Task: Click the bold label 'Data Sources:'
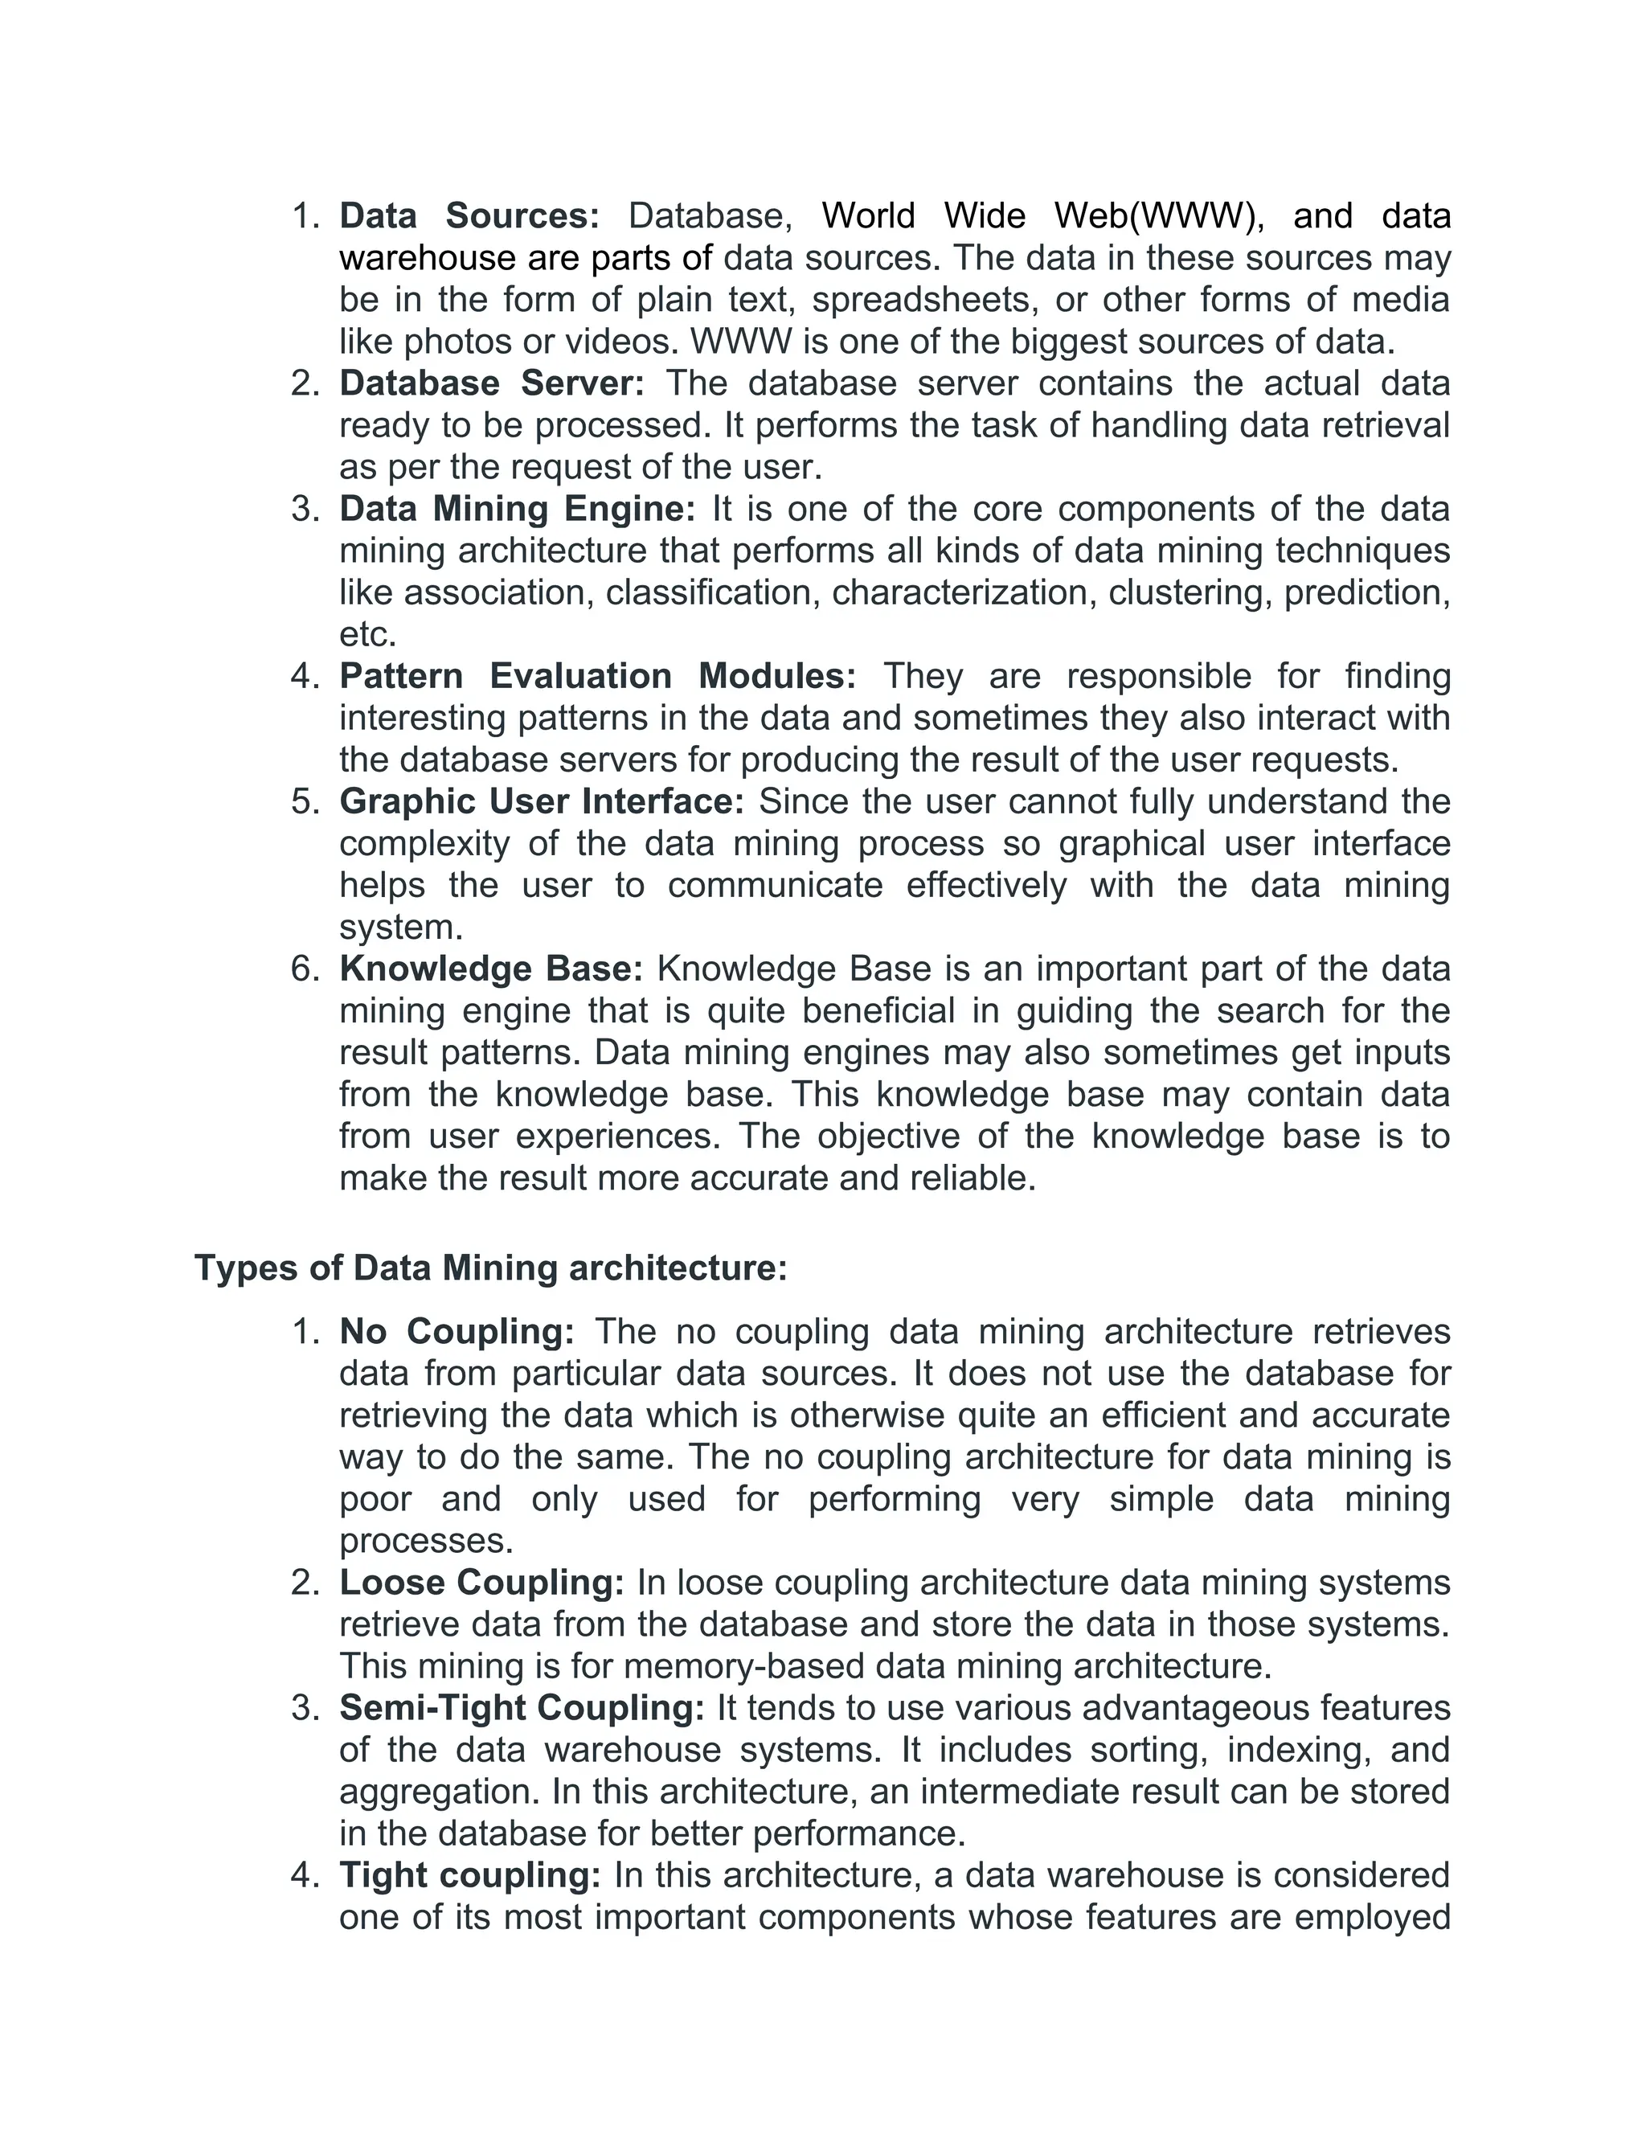point(469,215)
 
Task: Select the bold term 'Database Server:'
point(491,383)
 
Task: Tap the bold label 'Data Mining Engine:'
point(517,509)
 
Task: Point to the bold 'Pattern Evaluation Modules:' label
point(597,676)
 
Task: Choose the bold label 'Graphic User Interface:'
point(541,801)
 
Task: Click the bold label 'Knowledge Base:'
point(490,969)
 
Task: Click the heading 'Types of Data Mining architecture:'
point(490,1268)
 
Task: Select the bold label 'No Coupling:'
point(457,1331)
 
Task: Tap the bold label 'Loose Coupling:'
point(481,1582)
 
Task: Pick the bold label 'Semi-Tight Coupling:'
point(522,1708)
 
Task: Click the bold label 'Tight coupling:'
point(470,1874)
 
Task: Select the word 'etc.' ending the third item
point(367,635)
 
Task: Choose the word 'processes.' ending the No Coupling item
point(426,1541)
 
